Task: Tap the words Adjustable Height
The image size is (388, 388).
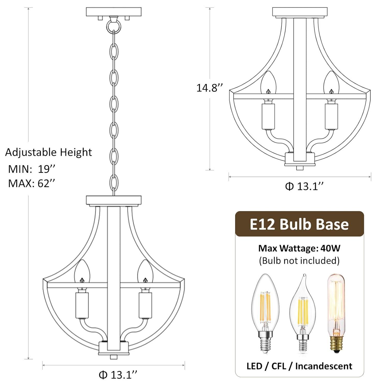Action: click(x=48, y=152)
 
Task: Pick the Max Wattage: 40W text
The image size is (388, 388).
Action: click(x=299, y=248)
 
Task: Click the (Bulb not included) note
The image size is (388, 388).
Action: click(x=299, y=260)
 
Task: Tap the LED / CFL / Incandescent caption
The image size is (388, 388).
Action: click(x=299, y=366)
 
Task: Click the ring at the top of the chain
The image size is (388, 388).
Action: click(x=114, y=26)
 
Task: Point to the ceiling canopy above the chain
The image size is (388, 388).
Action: click(x=114, y=12)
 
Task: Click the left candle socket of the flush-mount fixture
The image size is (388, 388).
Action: click(x=268, y=116)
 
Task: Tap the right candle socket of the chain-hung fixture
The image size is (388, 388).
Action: click(x=145, y=305)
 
